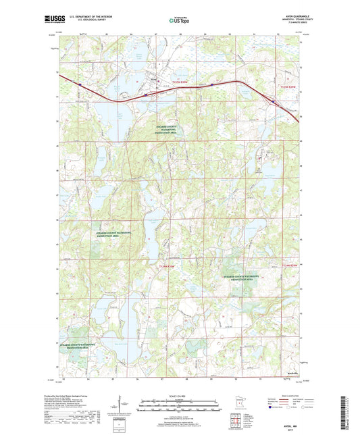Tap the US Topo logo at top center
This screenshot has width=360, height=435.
(x=179, y=21)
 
